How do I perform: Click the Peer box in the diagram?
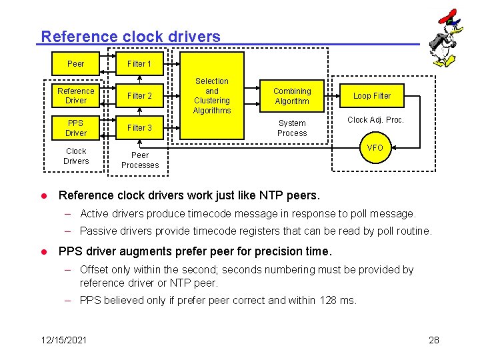click(76, 64)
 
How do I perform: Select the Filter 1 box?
click(139, 64)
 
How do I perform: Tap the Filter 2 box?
click(139, 96)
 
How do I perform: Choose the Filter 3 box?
click(139, 128)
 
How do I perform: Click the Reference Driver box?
click(76, 96)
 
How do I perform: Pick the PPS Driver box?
click(76, 128)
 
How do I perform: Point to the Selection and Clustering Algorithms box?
click(211, 96)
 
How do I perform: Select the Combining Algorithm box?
click(292, 96)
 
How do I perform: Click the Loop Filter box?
click(372, 96)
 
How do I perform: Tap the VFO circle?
click(375, 148)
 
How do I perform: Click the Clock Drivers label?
click(76, 156)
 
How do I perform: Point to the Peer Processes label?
click(140, 160)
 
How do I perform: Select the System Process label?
click(292, 128)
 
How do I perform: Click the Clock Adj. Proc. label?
click(375, 121)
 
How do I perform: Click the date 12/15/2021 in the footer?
click(63, 340)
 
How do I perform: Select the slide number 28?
click(434, 340)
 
